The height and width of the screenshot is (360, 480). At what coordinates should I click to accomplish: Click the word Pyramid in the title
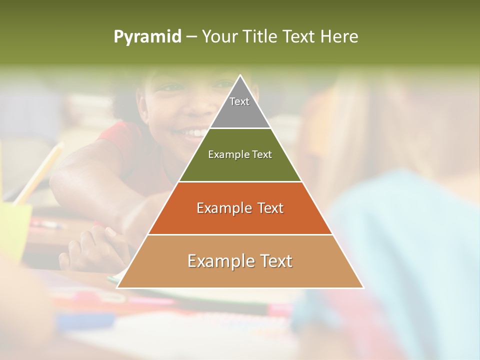[x=147, y=37]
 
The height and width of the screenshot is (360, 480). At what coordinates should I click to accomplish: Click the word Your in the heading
[x=220, y=36]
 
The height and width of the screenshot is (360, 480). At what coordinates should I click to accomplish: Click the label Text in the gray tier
[x=239, y=101]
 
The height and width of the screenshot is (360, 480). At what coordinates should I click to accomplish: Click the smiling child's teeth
[x=192, y=133]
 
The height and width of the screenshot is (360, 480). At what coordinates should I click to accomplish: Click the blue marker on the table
[x=85, y=320]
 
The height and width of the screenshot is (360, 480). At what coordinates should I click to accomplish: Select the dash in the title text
[x=191, y=37]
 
